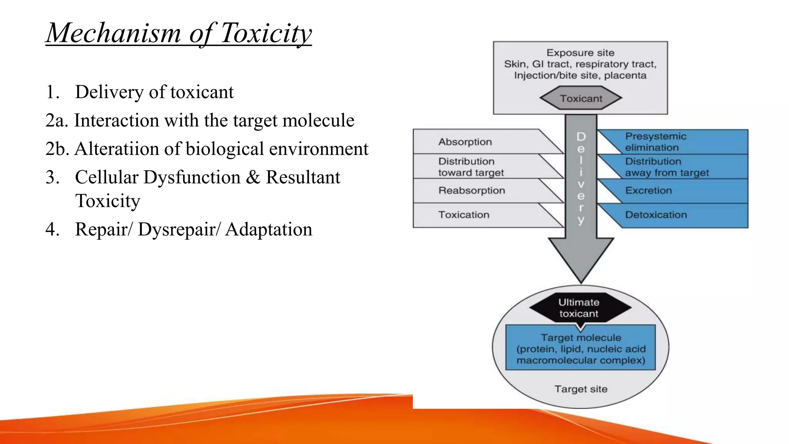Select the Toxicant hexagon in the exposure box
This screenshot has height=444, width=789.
[581, 99]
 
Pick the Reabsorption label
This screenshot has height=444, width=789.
[472, 190]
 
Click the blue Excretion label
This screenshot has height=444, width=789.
[648, 190]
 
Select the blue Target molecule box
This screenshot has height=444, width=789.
[581, 349]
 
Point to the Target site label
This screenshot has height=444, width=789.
[581, 389]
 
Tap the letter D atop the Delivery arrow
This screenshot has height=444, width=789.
[581, 136]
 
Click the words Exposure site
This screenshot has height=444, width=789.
[580, 53]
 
